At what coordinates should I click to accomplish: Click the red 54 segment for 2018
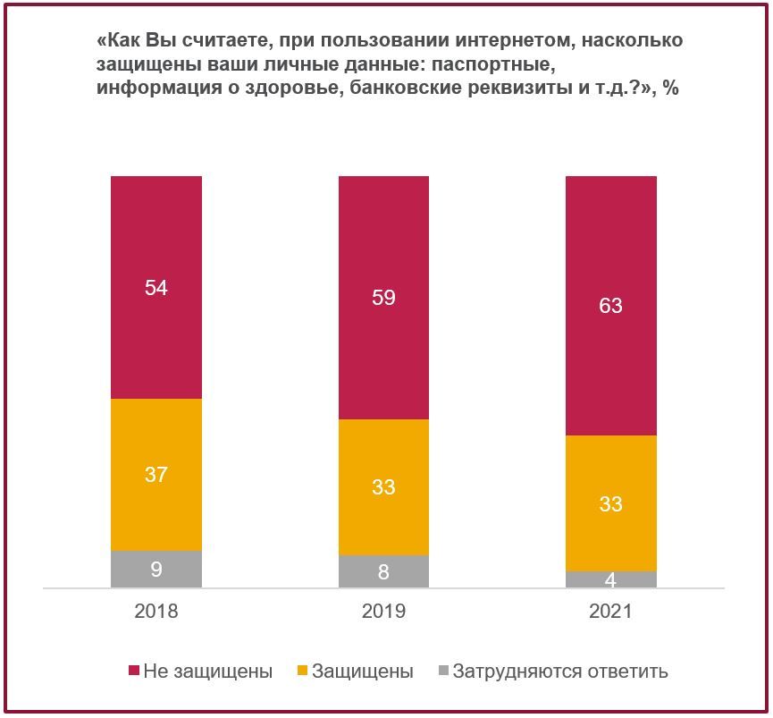pyautogui.click(x=156, y=287)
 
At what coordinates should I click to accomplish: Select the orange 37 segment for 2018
pyautogui.click(x=156, y=475)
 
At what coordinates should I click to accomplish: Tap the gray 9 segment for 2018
pyautogui.click(x=156, y=569)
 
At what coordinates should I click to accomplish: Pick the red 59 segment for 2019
pyautogui.click(x=383, y=298)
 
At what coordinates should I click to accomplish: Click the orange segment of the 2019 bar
pyautogui.click(x=383, y=487)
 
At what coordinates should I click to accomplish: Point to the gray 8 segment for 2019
pyautogui.click(x=383, y=571)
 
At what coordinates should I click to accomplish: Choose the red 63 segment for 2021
pyautogui.click(x=611, y=305)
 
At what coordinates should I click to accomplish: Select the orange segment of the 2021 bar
pyautogui.click(x=611, y=503)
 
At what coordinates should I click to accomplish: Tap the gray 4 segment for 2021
pyautogui.click(x=611, y=579)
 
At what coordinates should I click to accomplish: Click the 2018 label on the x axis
pyautogui.click(x=156, y=611)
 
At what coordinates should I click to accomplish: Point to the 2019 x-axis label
pyautogui.click(x=383, y=611)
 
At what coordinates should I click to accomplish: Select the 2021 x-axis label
pyautogui.click(x=611, y=611)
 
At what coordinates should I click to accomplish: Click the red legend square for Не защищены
pyautogui.click(x=133, y=671)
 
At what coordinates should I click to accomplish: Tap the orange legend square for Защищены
pyautogui.click(x=302, y=671)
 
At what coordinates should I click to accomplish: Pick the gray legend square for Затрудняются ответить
pyautogui.click(x=443, y=671)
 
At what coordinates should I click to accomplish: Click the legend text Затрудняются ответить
pyautogui.click(x=560, y=672)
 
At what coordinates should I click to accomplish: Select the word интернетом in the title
pyautogui.click(x=515, y=40)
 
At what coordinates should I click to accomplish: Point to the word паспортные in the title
pyautogui.click(x=494, y=64)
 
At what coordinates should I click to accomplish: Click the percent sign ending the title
pyautogui.click(x=671, y=88)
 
